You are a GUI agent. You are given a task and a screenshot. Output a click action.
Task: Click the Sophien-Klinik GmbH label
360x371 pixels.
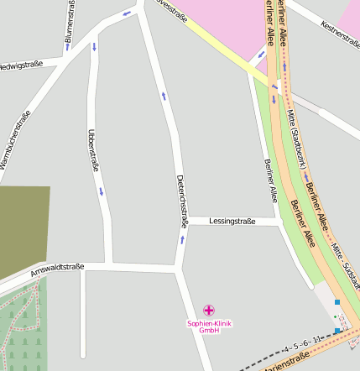209,327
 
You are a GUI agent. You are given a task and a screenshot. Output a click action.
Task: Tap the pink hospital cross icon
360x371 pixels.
209,311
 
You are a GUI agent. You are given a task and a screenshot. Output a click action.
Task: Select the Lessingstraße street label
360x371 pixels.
232,221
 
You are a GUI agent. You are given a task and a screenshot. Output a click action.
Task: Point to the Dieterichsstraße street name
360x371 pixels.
180,201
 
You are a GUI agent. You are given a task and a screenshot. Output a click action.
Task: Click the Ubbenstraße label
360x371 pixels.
92,150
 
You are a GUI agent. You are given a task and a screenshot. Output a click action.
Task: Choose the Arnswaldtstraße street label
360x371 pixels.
56,270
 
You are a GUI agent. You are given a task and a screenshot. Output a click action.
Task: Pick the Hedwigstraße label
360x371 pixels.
20,65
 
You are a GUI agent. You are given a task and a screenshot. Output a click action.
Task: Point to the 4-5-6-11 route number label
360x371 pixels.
302,345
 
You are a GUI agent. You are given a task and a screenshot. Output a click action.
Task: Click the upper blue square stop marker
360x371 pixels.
337,301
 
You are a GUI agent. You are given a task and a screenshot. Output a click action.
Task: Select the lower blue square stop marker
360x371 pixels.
337,332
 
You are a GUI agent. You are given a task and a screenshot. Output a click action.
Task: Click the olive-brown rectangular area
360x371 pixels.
23,231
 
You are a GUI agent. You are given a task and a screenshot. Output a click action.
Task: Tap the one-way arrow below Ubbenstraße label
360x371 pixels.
102,191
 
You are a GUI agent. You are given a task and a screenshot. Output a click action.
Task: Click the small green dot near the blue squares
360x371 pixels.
335,316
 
